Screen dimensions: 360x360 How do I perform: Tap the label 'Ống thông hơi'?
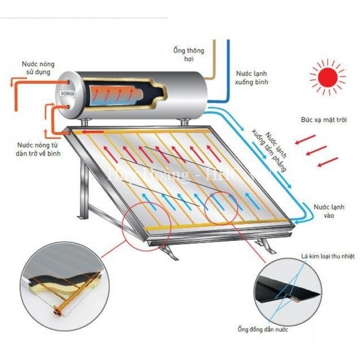click(x=188, y=54)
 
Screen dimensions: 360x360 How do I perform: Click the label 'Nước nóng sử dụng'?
click(x=38, y=68)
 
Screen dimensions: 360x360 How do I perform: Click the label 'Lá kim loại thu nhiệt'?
click(x=328, y=256)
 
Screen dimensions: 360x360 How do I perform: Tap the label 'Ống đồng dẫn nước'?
click(x=263, y=330)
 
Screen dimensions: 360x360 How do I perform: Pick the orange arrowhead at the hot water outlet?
click(x=13, y=83)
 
